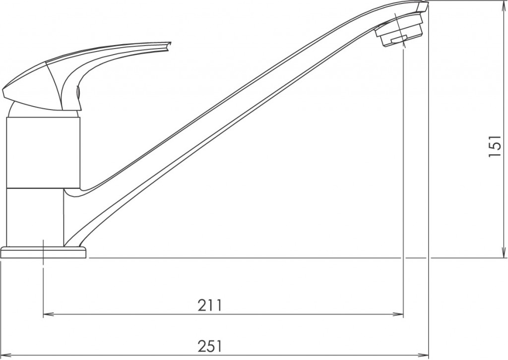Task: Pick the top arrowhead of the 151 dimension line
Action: [502, 5]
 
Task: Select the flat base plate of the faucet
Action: [44, 253]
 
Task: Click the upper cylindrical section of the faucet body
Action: [43, 153]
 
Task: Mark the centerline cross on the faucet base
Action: [44, 253]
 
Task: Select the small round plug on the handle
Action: [78, 92]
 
